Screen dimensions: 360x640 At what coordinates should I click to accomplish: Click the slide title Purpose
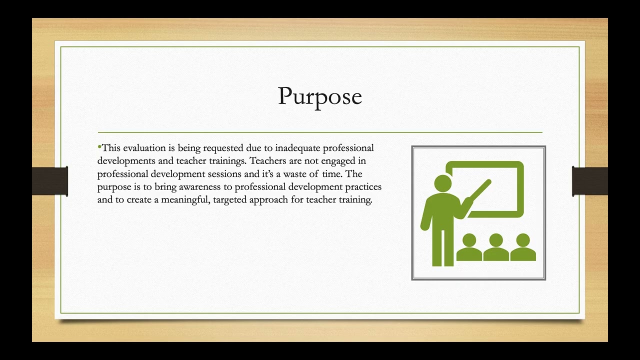(x=319, y=96)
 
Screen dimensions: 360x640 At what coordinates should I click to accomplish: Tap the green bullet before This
(x=99, y=146)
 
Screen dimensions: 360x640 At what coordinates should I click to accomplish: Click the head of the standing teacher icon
(x=442, y=183)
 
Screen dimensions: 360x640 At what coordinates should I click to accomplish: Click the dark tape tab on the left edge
(x=49, y=181)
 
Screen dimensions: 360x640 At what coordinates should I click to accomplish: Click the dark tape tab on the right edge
(x=590, y=181)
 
